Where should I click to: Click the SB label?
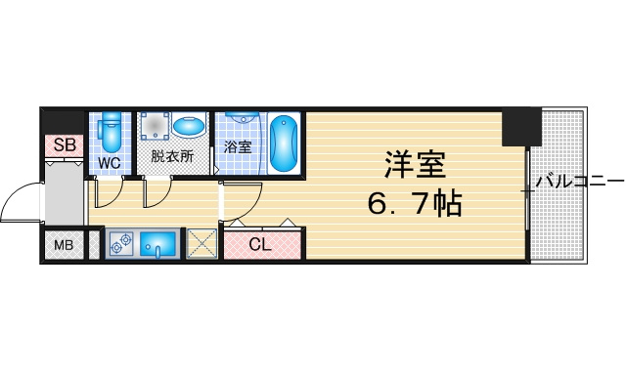(x=65, y=145)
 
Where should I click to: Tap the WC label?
(x=110, y=163)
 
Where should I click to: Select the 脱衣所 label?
(x=172, y=156)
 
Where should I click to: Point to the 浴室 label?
(x=238, y=147)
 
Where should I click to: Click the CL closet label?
(x=260, y=244)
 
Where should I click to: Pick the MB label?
(x=64, y=245)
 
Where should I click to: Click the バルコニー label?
(x=580, y=182)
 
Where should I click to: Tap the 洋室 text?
(x=415, y=165)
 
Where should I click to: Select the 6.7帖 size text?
(x=414, y=204)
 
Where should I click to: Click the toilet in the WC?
(x=111, y=132)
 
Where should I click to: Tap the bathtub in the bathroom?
(x=284, y=144)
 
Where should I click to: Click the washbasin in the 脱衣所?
(x=189, y=127)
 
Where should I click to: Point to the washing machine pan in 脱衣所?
(x=155, y=126)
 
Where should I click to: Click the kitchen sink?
(x=158, y=244)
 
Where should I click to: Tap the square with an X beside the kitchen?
(x=201, y=243)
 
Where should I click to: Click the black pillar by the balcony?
(x=521, y=127)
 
